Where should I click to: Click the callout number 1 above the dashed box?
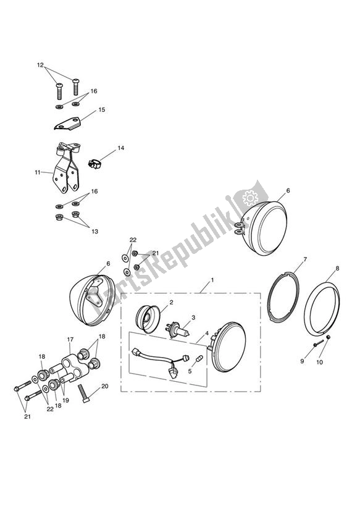tap(213, 280)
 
